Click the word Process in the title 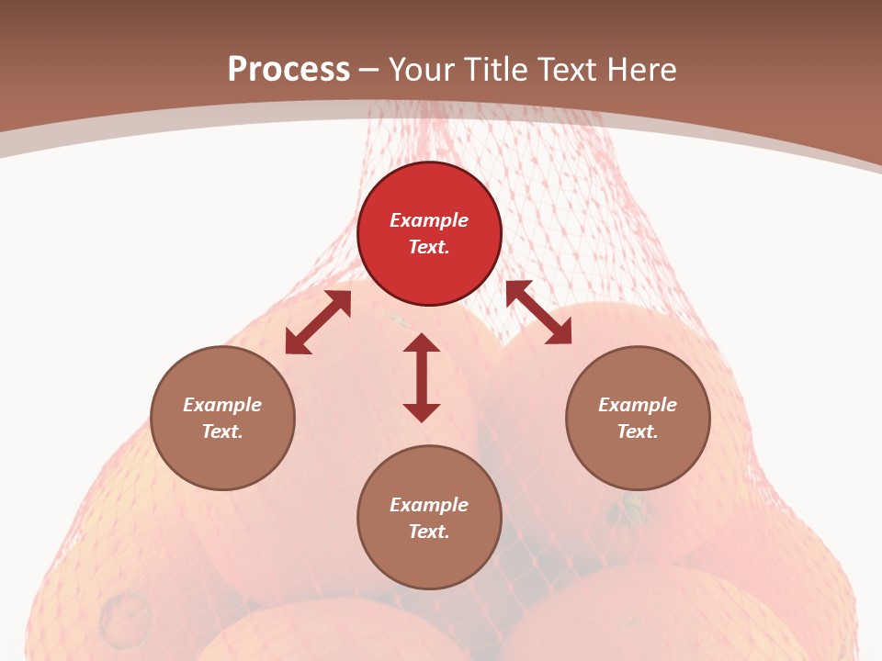pos(288,69)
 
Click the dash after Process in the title pos(369,71)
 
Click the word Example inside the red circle pos(429,220)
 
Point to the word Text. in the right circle pos(638,431)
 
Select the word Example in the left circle pos(222,405)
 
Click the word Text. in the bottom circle pos(429,532)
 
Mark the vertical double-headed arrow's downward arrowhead pos(422,412)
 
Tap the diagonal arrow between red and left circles pos(318,322)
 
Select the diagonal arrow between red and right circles pos(538,313)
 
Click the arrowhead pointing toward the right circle pos(559,332)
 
